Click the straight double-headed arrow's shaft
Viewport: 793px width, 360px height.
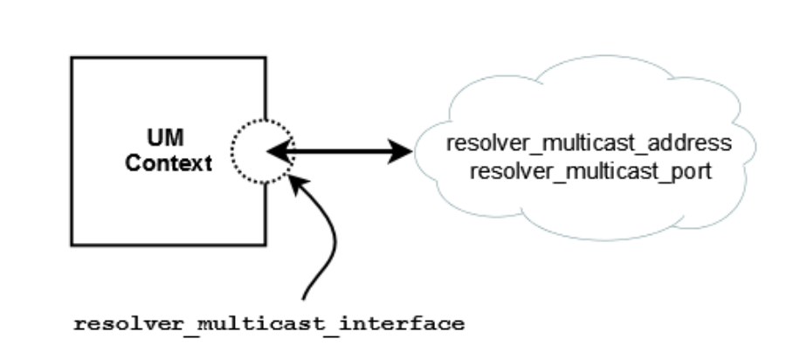[341, 152]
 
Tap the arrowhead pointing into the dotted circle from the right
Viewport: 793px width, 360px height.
[278, 152]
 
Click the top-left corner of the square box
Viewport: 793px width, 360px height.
[72, 59]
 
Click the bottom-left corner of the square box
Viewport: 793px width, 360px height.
[72, 243]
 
